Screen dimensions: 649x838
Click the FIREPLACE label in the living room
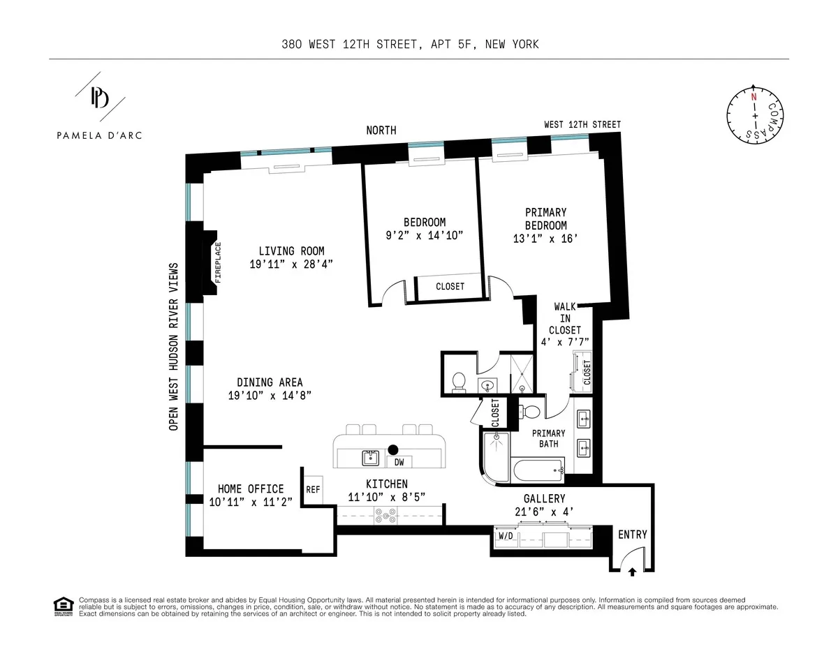[217, 262]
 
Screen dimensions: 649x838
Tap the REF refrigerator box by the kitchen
[313, 489]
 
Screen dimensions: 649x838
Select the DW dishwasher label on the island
[399, 461]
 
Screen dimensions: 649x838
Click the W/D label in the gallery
[506, 536]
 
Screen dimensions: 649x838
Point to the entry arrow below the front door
[632, 572]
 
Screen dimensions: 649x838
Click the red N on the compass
[754, 97]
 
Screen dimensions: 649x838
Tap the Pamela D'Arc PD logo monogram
[99, 98]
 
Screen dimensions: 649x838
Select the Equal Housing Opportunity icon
[63, 606]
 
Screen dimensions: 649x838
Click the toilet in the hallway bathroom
[459, 382]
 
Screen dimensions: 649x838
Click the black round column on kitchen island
[393, 450]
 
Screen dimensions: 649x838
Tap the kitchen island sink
[370, 458]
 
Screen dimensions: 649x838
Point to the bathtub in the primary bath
[538, 470]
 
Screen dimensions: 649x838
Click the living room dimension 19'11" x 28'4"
[291, 264]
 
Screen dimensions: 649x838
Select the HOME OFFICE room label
[251, 488]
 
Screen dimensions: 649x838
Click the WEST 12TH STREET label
[582, 125]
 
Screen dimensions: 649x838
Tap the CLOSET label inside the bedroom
[450, 286]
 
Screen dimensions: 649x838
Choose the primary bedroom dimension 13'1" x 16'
[545, 238]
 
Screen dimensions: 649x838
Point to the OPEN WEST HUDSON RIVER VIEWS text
[174, 346]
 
